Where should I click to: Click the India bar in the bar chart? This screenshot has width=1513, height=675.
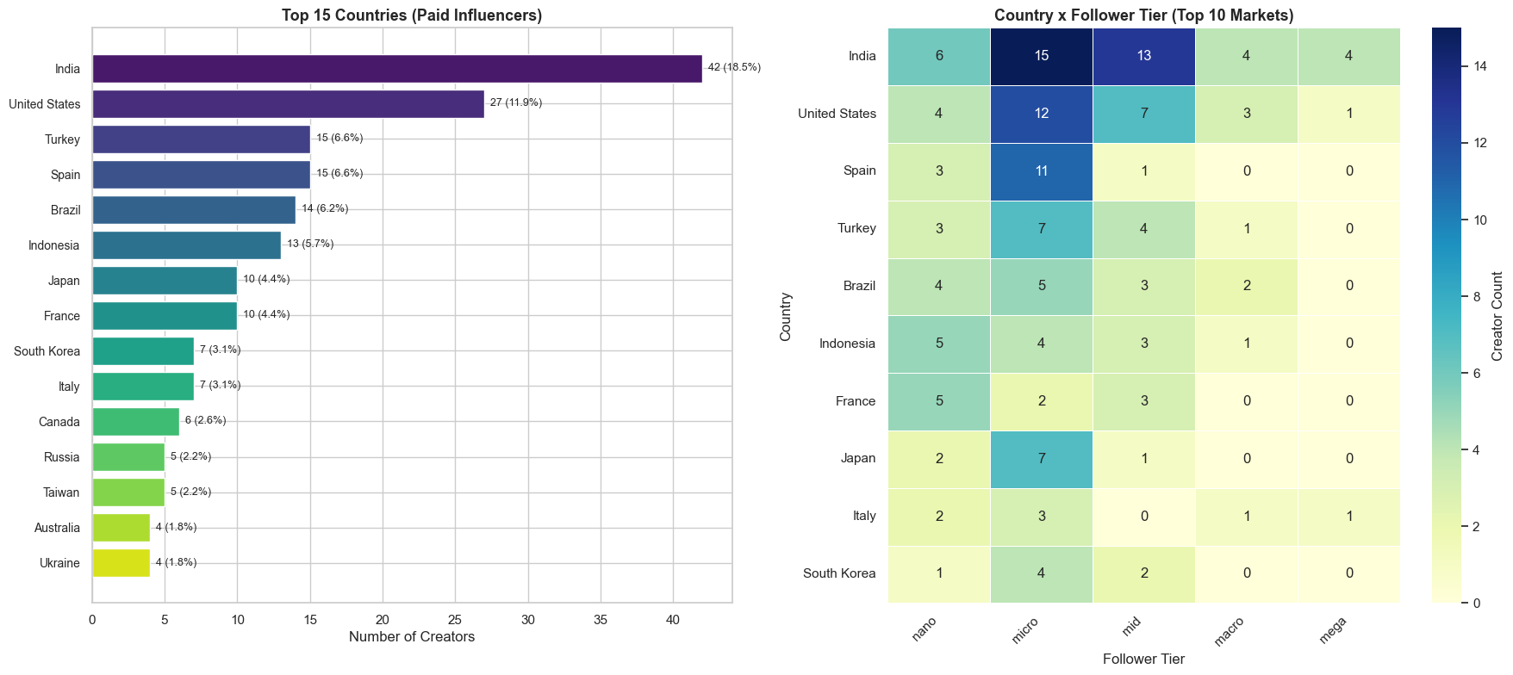[396, 69]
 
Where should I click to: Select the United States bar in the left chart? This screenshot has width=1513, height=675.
[288, 104]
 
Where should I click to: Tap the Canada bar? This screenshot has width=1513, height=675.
[135, 422]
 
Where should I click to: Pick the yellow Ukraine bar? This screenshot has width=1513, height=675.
[121, 563]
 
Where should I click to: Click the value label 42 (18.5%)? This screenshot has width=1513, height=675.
[734, 67]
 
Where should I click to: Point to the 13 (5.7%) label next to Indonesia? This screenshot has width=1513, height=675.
[310, 244]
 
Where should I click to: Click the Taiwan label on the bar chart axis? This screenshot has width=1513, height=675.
[62, 492]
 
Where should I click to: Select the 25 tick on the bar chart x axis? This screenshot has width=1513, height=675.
[455, 620]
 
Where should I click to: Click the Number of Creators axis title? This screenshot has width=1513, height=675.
[411, 637]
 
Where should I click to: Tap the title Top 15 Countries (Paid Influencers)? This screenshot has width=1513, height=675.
[412, 15]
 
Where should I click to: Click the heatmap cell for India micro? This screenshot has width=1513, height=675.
[1041, 56]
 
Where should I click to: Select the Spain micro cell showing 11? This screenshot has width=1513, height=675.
[1041, 171]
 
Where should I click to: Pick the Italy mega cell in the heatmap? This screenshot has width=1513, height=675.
[1348, 516]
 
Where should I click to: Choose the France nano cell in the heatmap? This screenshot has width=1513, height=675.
[939, 401]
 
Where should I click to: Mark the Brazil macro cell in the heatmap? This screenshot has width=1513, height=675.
[1246, 286]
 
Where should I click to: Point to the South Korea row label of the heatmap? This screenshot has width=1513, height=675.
[839, 573]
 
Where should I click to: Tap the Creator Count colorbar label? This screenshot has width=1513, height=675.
[1497, 316]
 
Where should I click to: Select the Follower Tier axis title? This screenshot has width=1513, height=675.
[1143, 660]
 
